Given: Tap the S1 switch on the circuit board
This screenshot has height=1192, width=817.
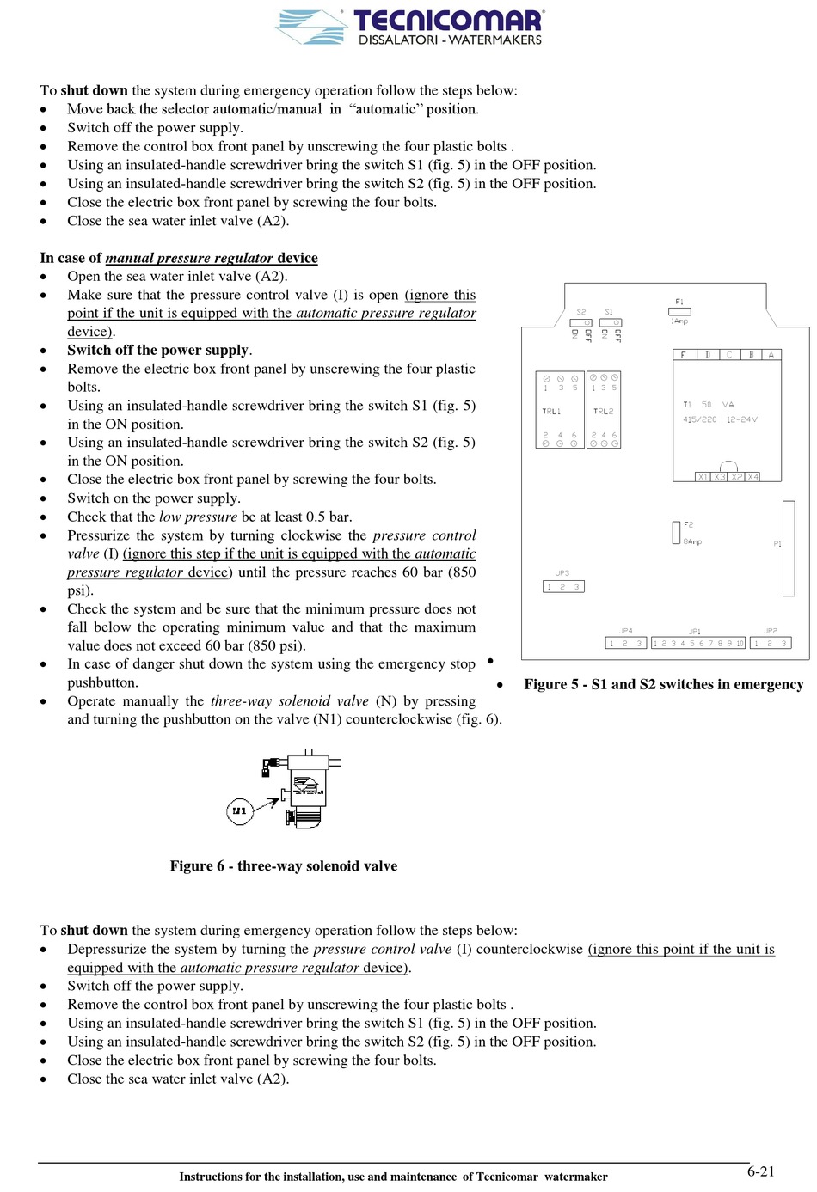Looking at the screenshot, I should pos(610,322).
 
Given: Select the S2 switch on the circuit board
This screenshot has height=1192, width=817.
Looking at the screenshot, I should pos(581,322).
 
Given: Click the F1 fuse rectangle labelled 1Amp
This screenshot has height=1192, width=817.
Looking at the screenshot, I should pos(679,311).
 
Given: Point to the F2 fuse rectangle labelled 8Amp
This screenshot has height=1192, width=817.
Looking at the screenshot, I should pos(676,532).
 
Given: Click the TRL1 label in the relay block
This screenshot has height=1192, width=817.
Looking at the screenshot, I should pos(551,412).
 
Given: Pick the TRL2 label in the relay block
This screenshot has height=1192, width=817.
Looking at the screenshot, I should pos(603,412).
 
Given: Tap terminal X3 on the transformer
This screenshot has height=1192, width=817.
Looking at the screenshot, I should pos(720,476).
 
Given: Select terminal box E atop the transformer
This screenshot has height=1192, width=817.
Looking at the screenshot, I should pos(684,354).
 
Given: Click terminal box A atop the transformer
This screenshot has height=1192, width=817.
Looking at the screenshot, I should pos(771,354).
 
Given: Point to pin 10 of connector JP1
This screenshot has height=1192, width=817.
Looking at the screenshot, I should pos(740,643).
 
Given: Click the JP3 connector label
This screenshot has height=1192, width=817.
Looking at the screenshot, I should pos(562,573).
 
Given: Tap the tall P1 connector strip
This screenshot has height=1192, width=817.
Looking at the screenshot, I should pos(789,548).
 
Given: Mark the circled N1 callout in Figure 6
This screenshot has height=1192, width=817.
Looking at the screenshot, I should pos(240,810).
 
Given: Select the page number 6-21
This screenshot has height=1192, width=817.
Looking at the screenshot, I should pos(760,1171).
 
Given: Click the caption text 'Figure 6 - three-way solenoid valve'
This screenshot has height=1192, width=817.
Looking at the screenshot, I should pos(283,866).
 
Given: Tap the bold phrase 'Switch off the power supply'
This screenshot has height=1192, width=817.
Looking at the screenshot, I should pos(157,350).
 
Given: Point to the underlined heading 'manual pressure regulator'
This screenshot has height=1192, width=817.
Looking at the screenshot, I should pos(189,258).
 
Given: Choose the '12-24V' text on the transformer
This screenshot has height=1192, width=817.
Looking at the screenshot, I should pos(741,419).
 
